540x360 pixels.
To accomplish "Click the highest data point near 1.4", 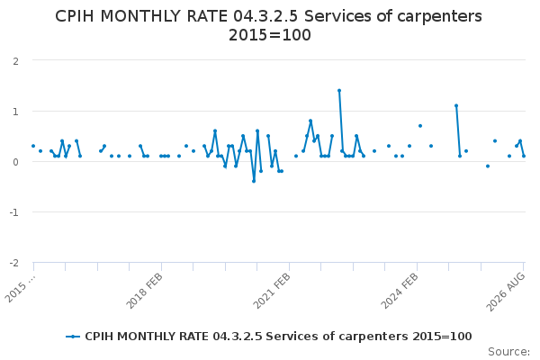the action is pyautogui.click(x=339, y=91).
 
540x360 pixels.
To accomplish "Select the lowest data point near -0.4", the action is pyautogui.click(x=254, y=181).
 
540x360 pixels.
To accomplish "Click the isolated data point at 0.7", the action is pyautogui.click(x=420, y=126).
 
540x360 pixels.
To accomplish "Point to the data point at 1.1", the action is pyautogui.click(x=456, y=106).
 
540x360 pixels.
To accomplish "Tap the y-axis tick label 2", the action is pyautogui.click(x=15, y=61).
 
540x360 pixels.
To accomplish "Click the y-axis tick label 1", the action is pyautogui.click(x=15, y=112).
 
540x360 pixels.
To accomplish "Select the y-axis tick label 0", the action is pyautogui.click(x=15, y=162).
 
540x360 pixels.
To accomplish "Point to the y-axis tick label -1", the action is pyautogui.click(x=13, y=212).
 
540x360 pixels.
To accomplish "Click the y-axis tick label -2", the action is pyautogui.click(x=13, y=263).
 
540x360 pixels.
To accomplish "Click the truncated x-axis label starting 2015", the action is pyautogui.click(x=21, y=289).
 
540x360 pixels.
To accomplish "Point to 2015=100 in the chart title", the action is pyautogui.click(x=270, y=35).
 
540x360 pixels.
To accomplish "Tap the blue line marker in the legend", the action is pyautogui.click(x=73, y=337).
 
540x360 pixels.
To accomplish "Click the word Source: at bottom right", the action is pyautogui.click(x=508, y=352).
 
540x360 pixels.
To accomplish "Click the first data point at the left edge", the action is pyautogui.click(x=33, y=146).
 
